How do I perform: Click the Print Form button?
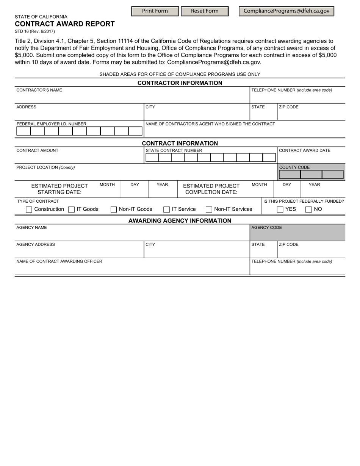(155, 11)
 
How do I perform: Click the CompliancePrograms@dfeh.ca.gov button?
(286, 11)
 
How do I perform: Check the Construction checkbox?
(29, 210)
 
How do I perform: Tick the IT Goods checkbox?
(71, 210)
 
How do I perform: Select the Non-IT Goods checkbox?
(114, 210)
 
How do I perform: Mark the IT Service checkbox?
(166, 210)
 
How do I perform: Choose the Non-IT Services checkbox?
(209, 210)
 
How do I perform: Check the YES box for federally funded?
(280, 210)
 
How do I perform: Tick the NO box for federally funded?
(308, 210)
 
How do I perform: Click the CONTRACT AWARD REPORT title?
(65, 24)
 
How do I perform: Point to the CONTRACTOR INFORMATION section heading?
(180, 83)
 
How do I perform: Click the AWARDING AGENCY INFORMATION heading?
(180, 221)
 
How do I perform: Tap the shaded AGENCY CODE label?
(267, 228)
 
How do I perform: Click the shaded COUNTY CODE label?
(294, 167)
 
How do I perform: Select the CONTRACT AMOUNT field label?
(38, 150)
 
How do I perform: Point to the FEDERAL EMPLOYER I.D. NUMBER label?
(52, 124)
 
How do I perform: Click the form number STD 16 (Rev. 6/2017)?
(35, 31)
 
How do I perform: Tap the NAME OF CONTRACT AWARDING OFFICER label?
(59, 261)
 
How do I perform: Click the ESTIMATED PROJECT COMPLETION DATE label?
(211, 189)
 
